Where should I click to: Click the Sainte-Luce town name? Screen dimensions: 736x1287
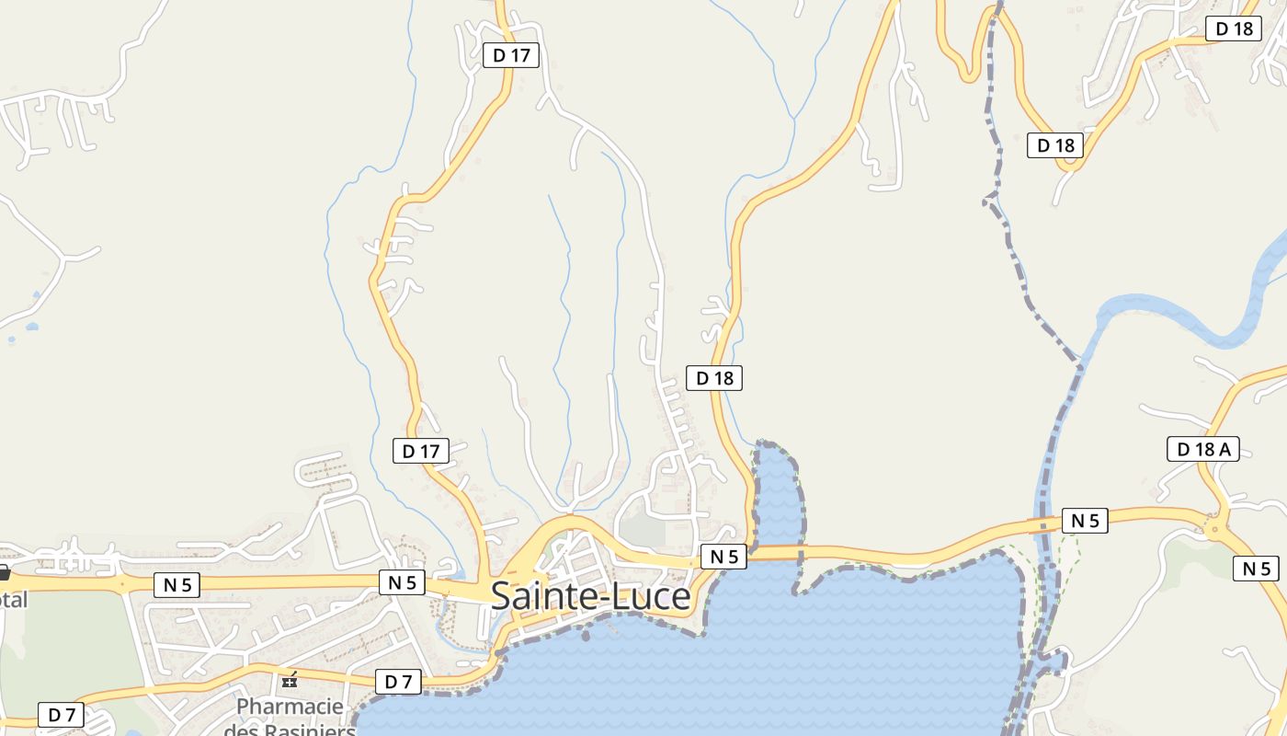tap(590, 596)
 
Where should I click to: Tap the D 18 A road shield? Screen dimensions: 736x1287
tap(1202, 449)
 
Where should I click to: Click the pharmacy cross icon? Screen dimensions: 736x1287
tap(290, 681)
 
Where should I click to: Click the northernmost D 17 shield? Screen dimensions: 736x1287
tap(511, 55)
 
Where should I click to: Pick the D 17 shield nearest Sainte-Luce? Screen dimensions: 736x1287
tap(422, 451)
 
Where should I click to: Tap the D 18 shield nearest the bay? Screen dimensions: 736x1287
tap(714, 377)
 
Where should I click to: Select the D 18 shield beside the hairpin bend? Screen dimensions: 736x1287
tap(1055, 145)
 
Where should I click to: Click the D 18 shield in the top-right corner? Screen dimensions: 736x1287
tap(1234, 29)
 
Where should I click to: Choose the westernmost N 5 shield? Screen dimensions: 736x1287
tap(177, 584)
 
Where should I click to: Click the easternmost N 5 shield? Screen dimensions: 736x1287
tap(1256, 569)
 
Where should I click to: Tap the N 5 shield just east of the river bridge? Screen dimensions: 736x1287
tap(1085, 521)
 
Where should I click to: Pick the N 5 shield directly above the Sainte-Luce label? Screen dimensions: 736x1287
tap(723, 556)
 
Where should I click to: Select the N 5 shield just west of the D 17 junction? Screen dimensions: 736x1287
tap(402, 582)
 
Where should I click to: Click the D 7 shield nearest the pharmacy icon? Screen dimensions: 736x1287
tap(398, 682)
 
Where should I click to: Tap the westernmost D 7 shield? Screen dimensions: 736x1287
tap(61, 714)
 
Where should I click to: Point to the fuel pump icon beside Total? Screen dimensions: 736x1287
tap(4, 573)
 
